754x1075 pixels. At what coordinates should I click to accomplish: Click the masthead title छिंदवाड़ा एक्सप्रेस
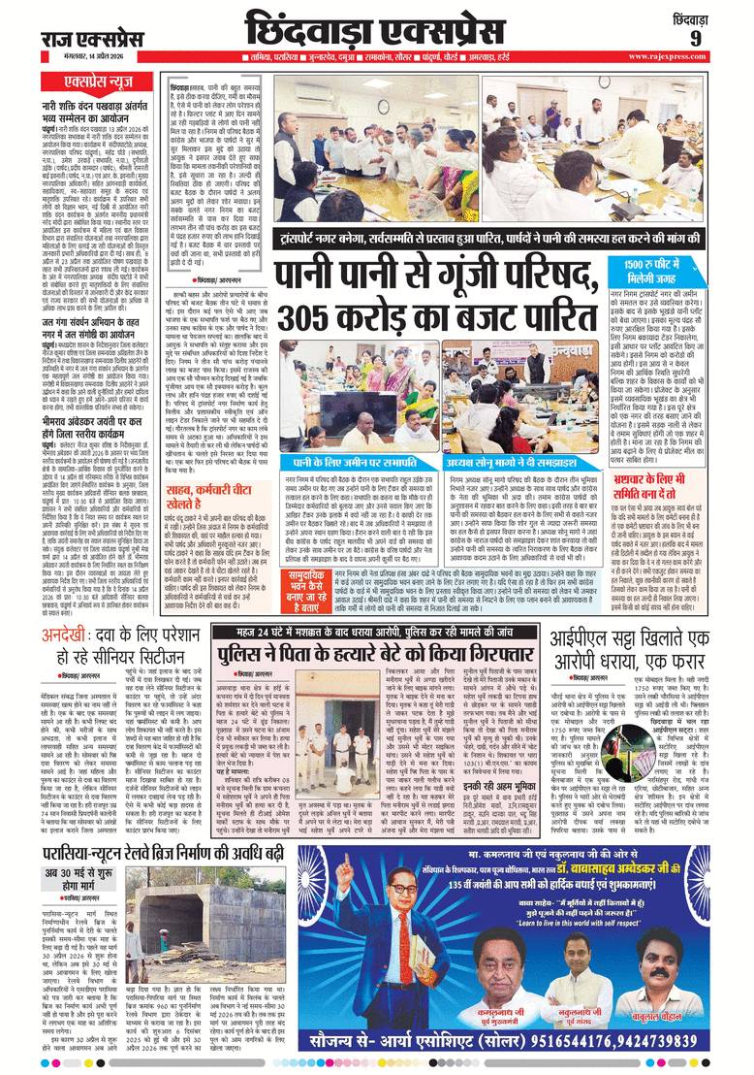(387, 28)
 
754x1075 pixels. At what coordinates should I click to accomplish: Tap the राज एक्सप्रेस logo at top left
(92, 38)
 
